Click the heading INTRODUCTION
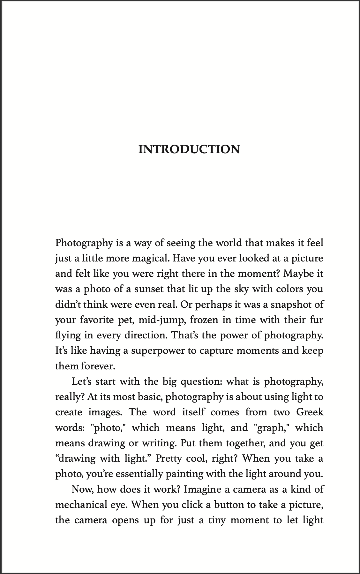[189, 149]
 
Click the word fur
[317, 320]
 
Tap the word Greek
[310, 412]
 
